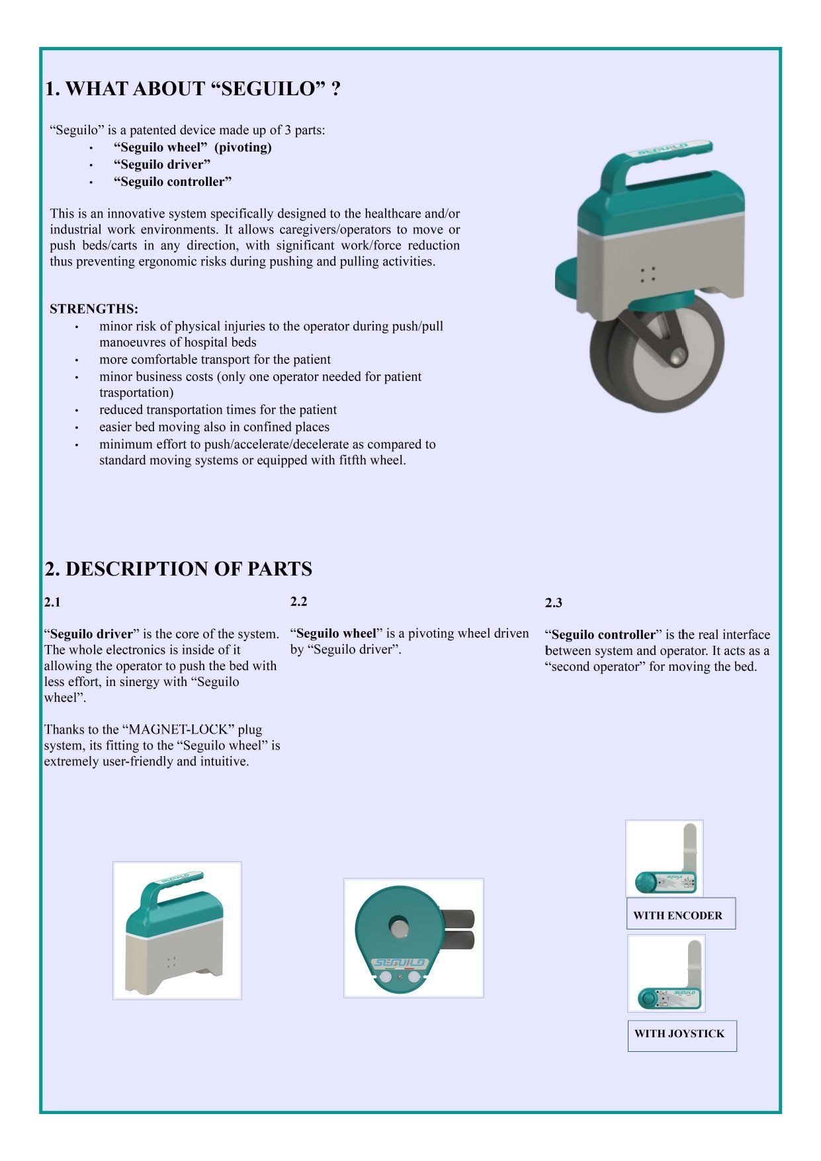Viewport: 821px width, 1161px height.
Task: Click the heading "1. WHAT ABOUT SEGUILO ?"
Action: click(193, 89)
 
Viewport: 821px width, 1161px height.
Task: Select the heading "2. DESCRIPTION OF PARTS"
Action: click(178, 569)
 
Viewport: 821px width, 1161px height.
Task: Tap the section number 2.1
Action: click(52, 603)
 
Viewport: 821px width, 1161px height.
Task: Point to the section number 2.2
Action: click(298, 602)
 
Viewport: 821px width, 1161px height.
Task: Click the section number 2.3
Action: click(554, 603)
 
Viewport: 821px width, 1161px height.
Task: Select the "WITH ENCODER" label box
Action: click(681, 914)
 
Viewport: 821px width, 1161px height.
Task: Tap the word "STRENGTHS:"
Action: click(94, 309)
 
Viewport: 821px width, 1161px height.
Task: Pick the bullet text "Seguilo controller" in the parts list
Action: click(173, 182)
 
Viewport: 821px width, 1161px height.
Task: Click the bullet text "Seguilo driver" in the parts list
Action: click(162, 165)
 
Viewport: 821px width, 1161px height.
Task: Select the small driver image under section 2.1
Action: click(177, 930)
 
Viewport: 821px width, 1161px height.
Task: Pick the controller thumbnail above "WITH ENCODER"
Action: click(664, 859)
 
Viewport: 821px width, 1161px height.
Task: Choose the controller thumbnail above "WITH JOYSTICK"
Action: click(666, 974)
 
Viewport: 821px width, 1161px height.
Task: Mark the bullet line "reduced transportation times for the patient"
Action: click(218, 410)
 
